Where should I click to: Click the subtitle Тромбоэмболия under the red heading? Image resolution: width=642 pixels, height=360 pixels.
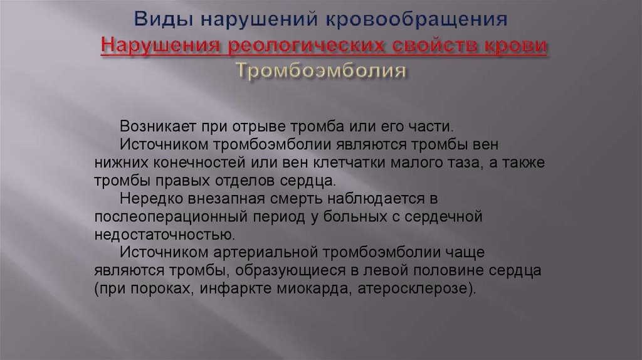(x=321, y=71)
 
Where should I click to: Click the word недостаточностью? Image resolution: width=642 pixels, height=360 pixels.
(x=165, y=236)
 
